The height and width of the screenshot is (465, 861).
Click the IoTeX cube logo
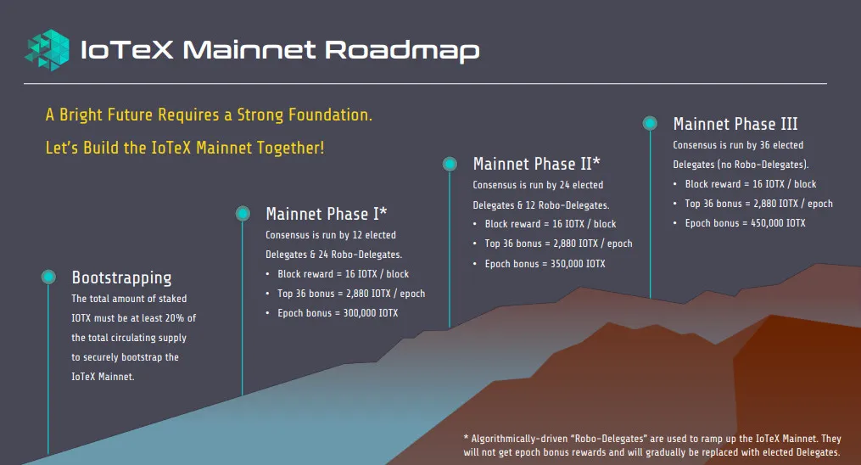pos(48,50)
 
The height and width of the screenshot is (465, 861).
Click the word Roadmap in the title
pos(402,51)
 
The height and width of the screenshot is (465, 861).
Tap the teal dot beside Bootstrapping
pos(48,277)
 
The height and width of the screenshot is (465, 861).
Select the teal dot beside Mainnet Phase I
pos(243,213)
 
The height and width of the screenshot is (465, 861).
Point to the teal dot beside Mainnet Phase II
pos(450,164)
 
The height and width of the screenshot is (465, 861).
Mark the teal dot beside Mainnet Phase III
pos(650,123)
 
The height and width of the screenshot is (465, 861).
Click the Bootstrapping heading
pos(121,277)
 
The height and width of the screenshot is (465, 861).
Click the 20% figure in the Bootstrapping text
pos(175,318)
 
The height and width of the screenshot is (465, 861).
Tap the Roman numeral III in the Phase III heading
pos(789,124)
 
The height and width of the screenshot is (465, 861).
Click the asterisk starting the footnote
pos(467,438)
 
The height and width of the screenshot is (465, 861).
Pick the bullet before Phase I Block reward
pos(267,274)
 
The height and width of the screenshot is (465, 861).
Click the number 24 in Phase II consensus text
pos(564,185)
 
